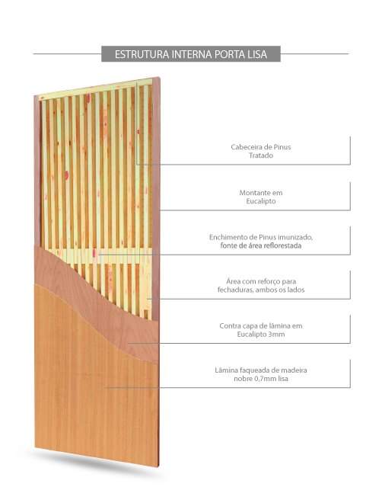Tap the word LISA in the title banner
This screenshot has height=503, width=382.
tap(257, 54)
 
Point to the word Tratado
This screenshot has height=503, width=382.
tap(261, 155)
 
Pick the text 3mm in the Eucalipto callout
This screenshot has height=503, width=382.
tap(276, 335)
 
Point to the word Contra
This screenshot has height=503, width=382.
tap(229, 325)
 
